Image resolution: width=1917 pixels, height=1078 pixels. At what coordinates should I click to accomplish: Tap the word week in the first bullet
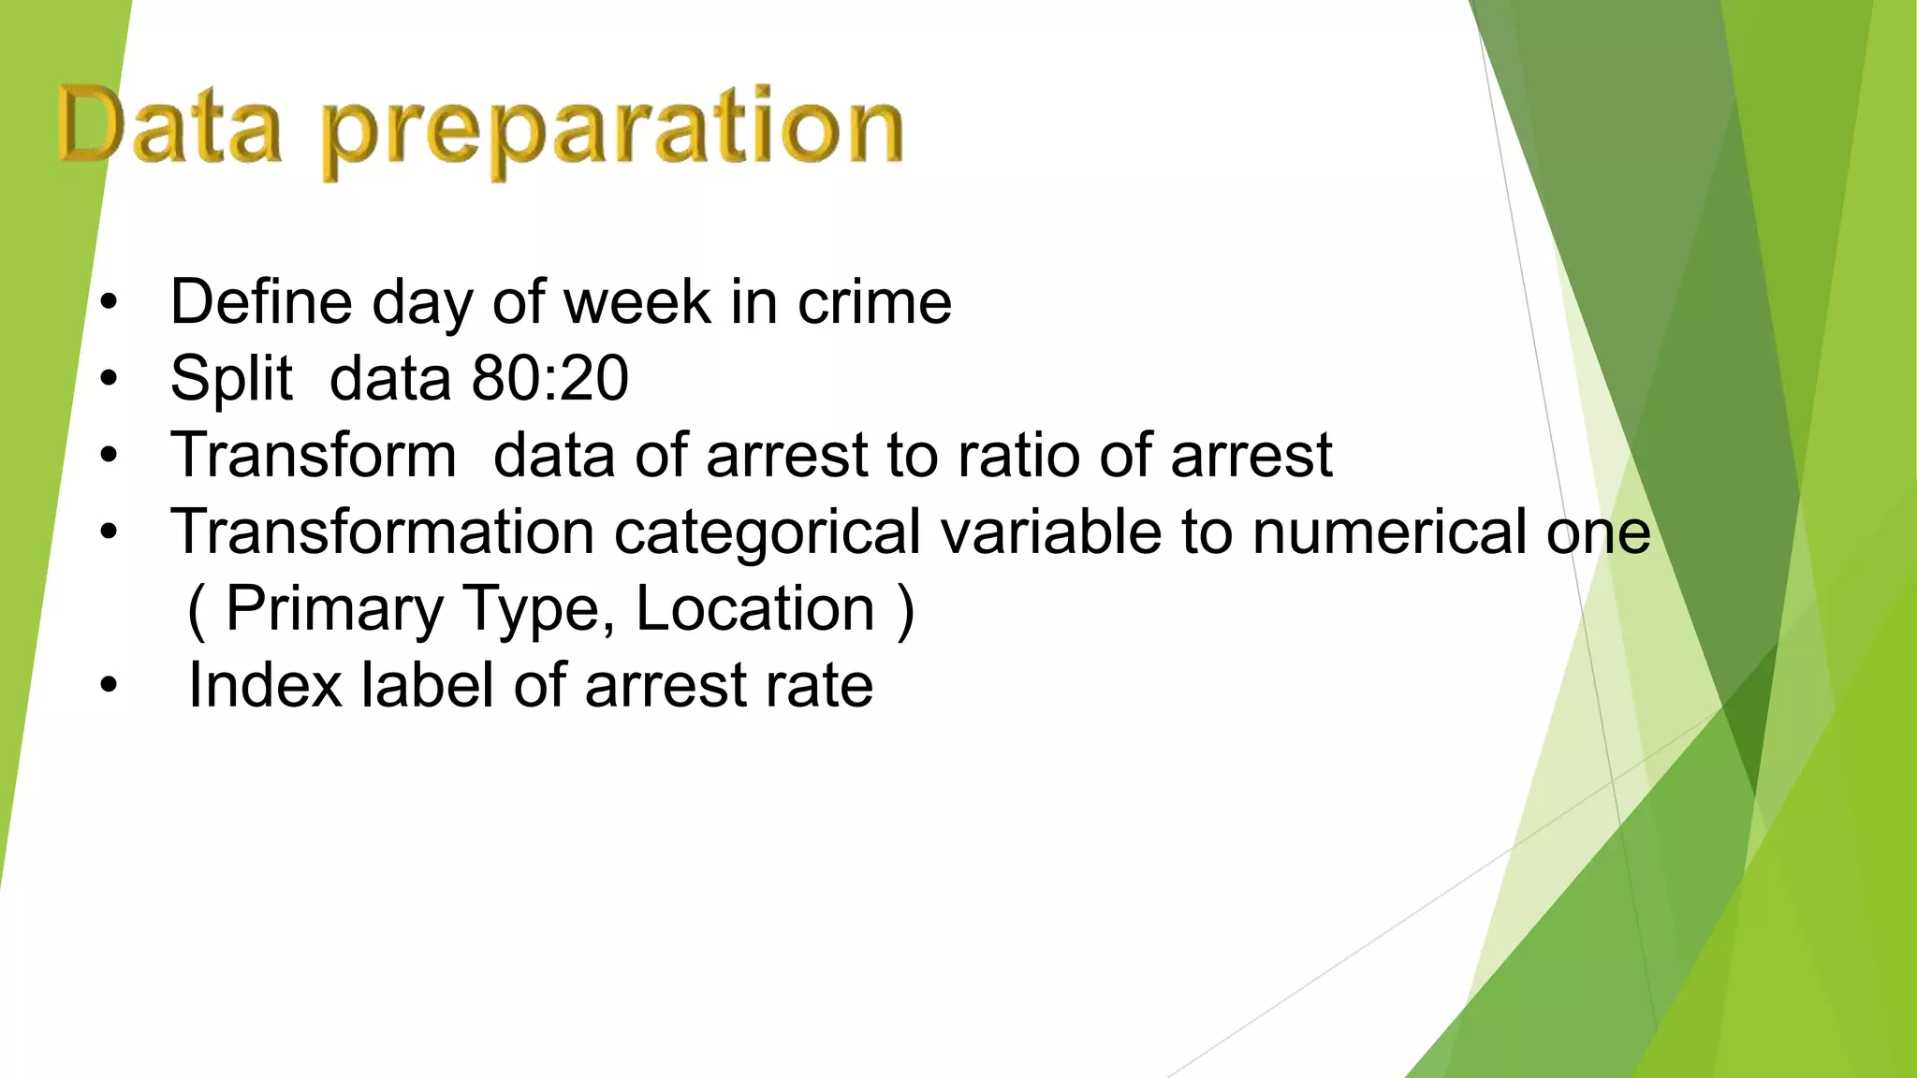point(637,302)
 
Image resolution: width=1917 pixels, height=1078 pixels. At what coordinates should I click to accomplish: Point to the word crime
point(874,302)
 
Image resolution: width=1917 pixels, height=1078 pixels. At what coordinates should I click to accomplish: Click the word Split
point(231,379)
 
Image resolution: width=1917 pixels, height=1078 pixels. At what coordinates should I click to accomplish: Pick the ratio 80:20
point(549,379)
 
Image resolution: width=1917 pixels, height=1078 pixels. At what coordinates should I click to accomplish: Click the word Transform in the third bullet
point(314,456)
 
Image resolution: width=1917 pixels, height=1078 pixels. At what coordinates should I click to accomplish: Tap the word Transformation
point(382,532)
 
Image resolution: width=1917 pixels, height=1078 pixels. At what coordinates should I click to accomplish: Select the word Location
point(754,609)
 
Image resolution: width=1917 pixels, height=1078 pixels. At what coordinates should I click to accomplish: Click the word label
point(427,686)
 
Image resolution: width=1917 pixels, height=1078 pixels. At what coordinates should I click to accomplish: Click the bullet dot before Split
point(110,379)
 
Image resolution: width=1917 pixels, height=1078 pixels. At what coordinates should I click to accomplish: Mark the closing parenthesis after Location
point(904,611)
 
